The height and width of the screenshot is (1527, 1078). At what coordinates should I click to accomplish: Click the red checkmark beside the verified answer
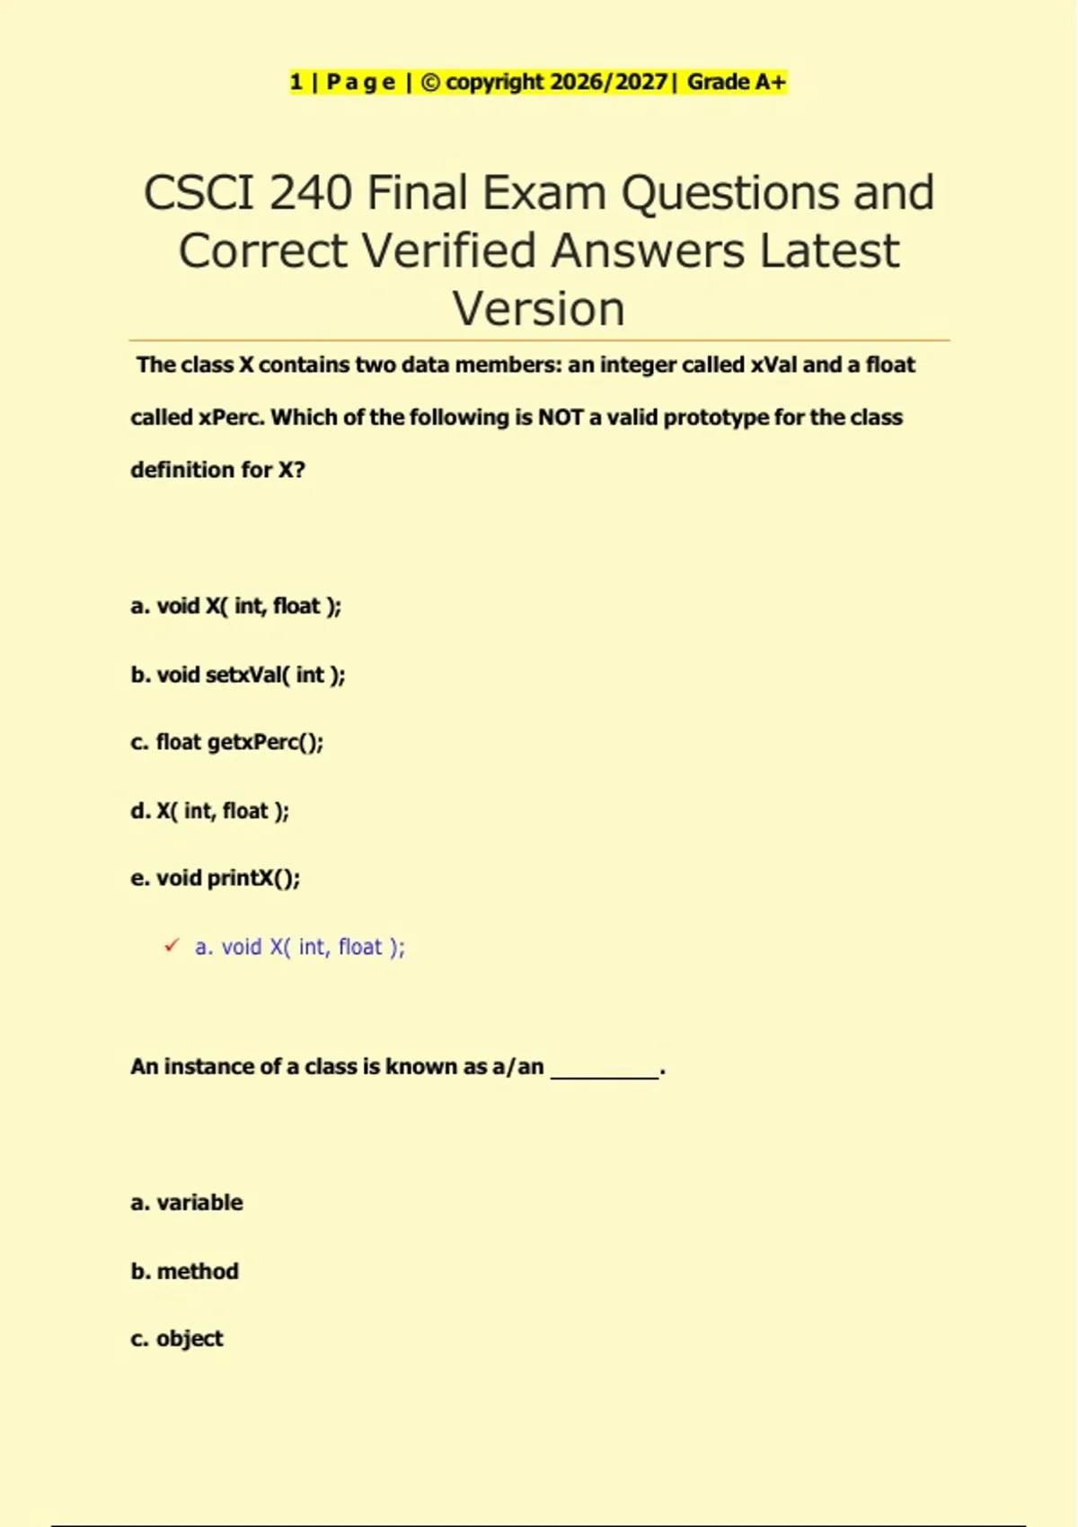coord(172,946)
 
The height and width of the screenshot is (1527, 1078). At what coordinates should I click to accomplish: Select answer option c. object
coord(177,1338)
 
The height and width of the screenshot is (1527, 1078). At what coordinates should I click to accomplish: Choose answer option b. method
coord(185,1271)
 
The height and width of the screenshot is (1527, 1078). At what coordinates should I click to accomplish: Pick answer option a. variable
coord(187,1202)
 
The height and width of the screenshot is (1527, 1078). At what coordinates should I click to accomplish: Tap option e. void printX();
coord(216,878)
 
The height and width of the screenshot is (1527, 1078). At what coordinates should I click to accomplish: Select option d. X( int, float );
coord(210,810)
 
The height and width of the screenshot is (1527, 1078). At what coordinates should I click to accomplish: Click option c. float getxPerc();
coord(227,742)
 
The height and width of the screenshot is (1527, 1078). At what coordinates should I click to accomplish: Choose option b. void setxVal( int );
coord(238,675)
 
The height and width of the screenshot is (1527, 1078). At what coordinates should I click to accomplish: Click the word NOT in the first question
coord(561,418)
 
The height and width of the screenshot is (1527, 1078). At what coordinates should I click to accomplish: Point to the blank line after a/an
coord(605,1069)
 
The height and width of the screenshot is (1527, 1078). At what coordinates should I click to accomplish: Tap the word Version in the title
coord(538,309)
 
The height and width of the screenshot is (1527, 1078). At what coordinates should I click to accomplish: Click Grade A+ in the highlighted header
coord(737,83)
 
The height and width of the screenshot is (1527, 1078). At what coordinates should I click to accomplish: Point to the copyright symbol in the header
coord(430,83)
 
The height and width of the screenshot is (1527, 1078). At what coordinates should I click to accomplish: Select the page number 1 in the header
coord(296,83)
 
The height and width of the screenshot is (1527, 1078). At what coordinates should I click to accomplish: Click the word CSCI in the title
coord(199,193)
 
